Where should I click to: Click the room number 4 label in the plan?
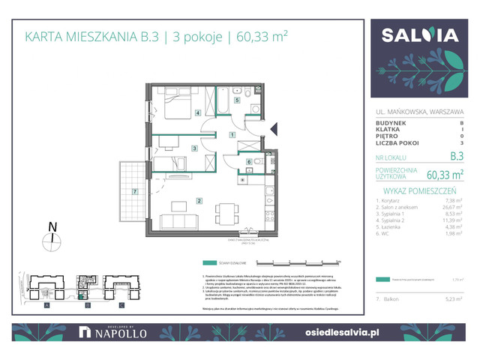[x=198, y=114]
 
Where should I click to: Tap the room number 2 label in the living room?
[x=198, y=200]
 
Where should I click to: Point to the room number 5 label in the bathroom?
[x=236, y=100]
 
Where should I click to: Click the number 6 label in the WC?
[x=250, y=161]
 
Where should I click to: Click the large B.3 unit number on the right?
[x=452, y=157]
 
